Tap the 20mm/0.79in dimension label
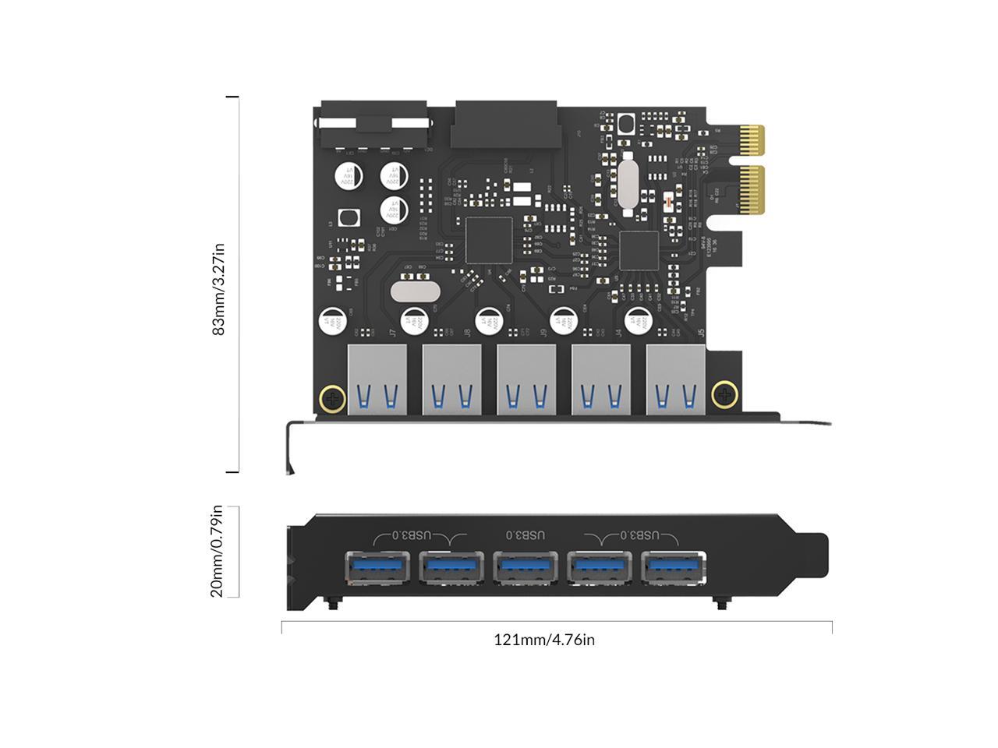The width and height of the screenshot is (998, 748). pos(217,551)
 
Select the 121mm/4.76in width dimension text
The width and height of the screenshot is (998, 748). pos(543,640)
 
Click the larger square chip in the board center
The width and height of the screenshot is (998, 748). pos(488,240)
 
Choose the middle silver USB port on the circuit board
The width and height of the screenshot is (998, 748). pos(526,379)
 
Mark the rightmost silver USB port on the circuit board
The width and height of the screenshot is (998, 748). pos(675,379)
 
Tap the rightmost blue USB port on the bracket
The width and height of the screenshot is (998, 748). pos(675,567)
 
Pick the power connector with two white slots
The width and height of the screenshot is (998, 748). pos(374,127)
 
